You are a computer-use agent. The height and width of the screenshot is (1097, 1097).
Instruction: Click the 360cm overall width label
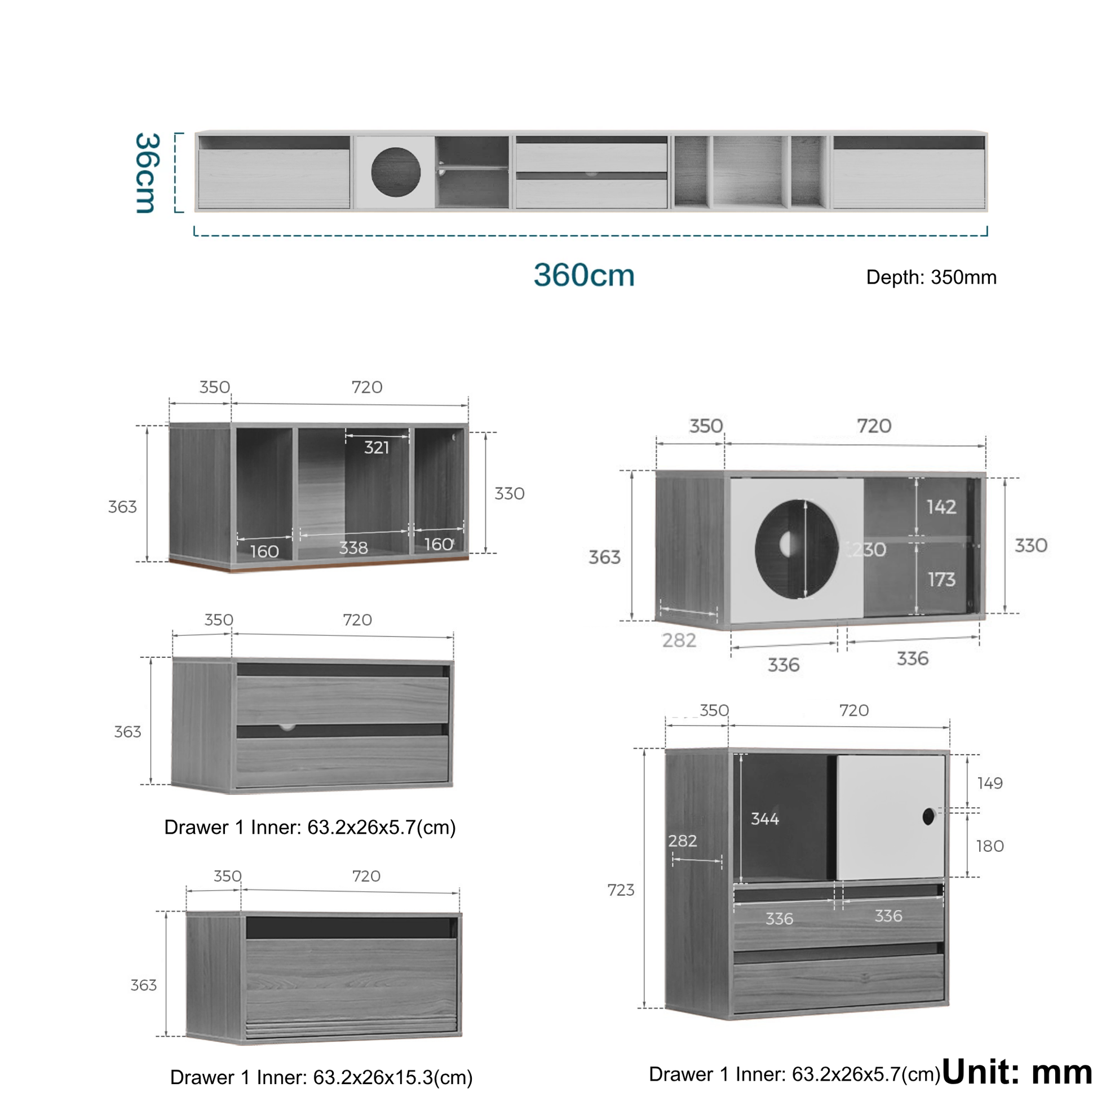pyautogui.click(x=583, y=276)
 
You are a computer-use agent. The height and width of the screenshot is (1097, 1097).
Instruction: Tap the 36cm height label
pyautogui.click(x=147, y=173)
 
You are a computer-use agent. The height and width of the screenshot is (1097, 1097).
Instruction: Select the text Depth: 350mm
pyautogui.click(x=931, y=277)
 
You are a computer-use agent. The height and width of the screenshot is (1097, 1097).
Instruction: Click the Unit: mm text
pyautogui.click(x=1017, y=1073)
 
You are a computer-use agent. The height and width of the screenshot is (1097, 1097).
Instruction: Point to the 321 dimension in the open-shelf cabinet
pyautogui.click(x=377, y=448)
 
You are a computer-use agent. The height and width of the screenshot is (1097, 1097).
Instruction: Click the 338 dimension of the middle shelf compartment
pyautogui.click(x=353, y=548)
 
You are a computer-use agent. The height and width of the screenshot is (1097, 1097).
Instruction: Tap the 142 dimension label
pyautogui.click(x=941, y=506)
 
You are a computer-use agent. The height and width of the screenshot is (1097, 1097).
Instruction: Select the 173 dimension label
pyautogui.click(x=941, y=579)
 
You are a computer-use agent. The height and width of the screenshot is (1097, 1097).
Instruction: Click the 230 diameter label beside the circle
pyautogui.click(x=868, y=549)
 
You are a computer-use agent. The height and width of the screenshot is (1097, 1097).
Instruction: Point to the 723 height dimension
pyautogui.click(x=621, y=890)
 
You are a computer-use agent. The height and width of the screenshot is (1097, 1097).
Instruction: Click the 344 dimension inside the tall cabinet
pyautogui.click(x=765, y=818)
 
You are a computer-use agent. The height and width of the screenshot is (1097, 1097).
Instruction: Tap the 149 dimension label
pyautogui.click(x=990, y=783)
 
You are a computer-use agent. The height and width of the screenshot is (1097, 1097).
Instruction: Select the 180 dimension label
pyautogui.click(x=990, y=846)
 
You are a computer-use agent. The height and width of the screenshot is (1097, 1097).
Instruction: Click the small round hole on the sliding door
pyautogui.click(x=928, y=816)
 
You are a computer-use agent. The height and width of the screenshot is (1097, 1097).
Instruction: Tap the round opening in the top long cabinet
pyautogui.click(x=396, y=172)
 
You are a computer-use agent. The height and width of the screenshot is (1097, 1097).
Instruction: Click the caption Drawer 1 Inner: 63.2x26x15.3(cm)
pyautogui.click(x=321, y=1077)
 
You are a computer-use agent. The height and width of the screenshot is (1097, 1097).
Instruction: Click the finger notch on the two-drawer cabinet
pyautogui.click(x=287, y=727)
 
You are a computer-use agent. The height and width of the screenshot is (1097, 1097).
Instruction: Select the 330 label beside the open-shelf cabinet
pyautogui.click(x=510, y=493)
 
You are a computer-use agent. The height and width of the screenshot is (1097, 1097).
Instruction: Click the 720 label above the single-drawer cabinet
pyautogui.click(x=366, y=876)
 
